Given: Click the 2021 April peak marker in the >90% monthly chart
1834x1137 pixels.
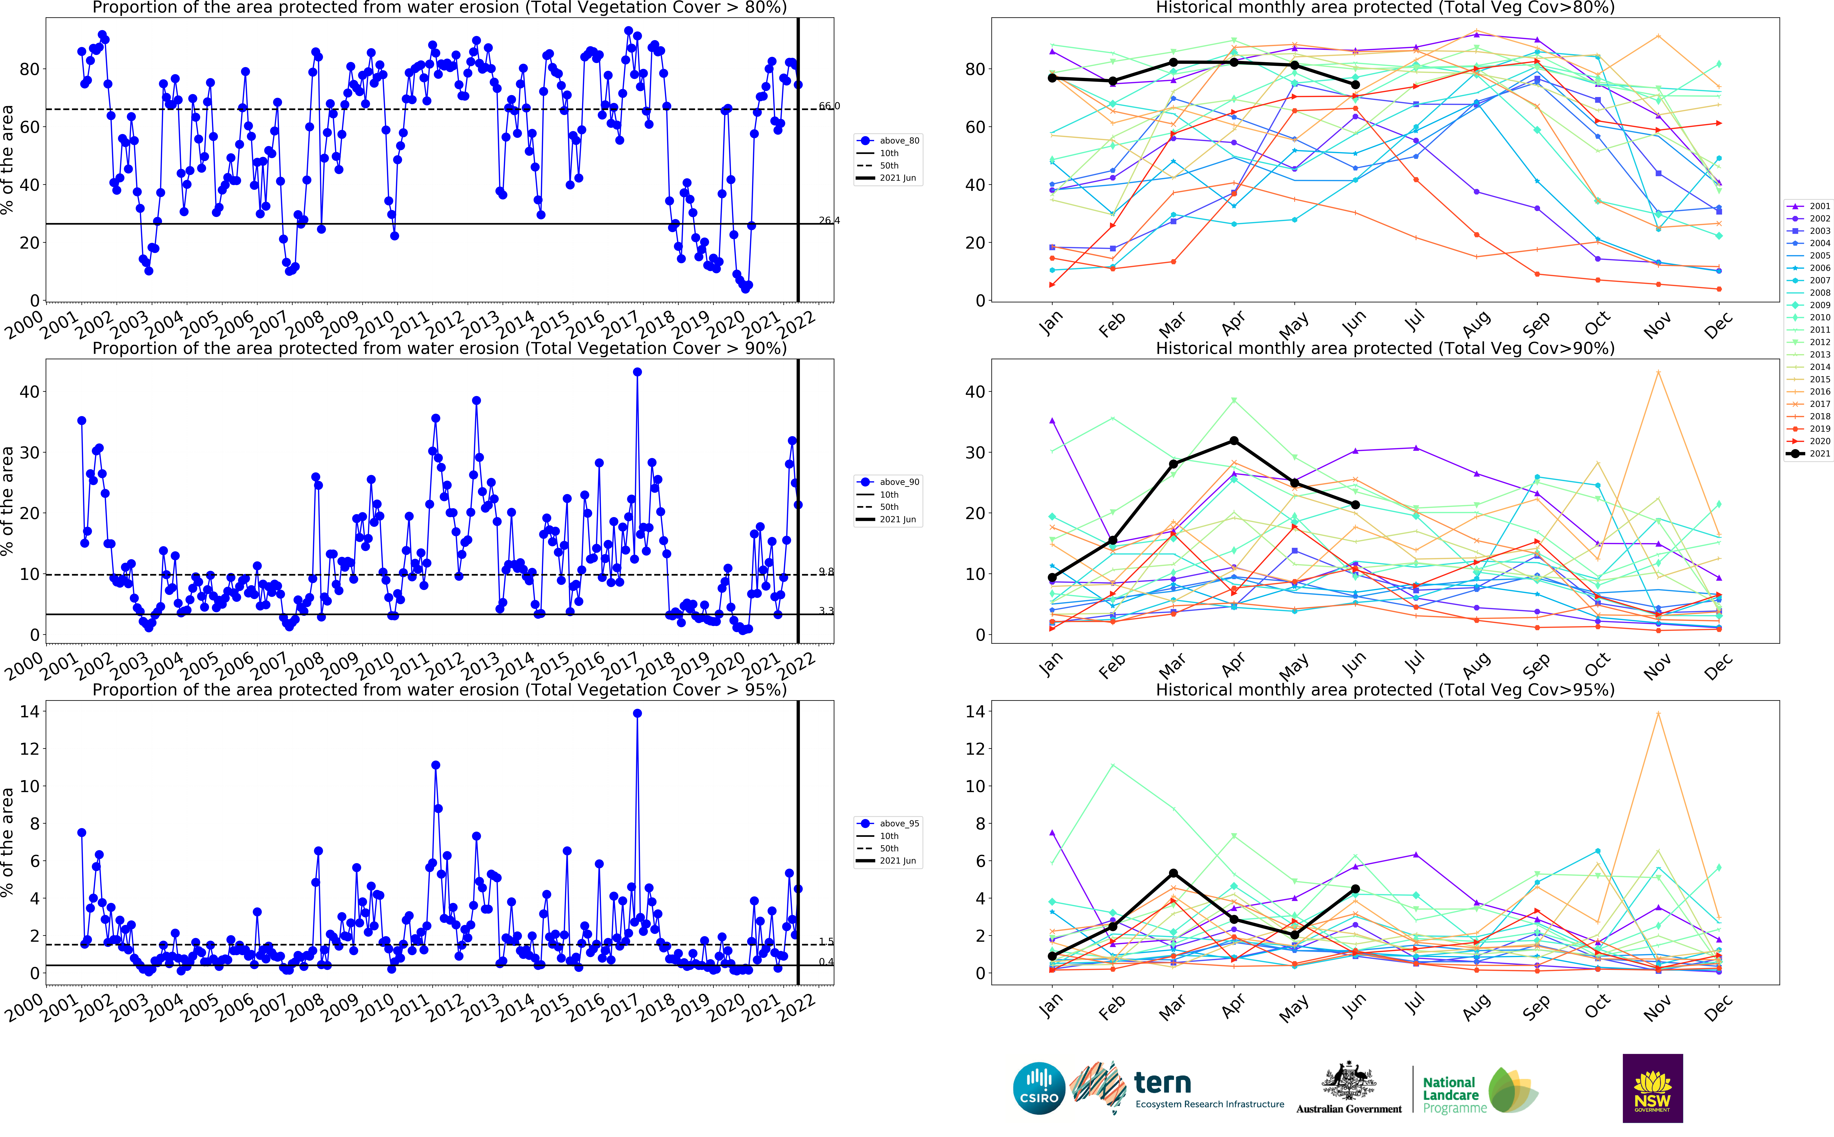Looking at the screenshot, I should (x=1233, y=441).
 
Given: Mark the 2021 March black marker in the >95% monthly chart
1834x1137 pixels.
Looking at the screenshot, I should (x=1173, y=873).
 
